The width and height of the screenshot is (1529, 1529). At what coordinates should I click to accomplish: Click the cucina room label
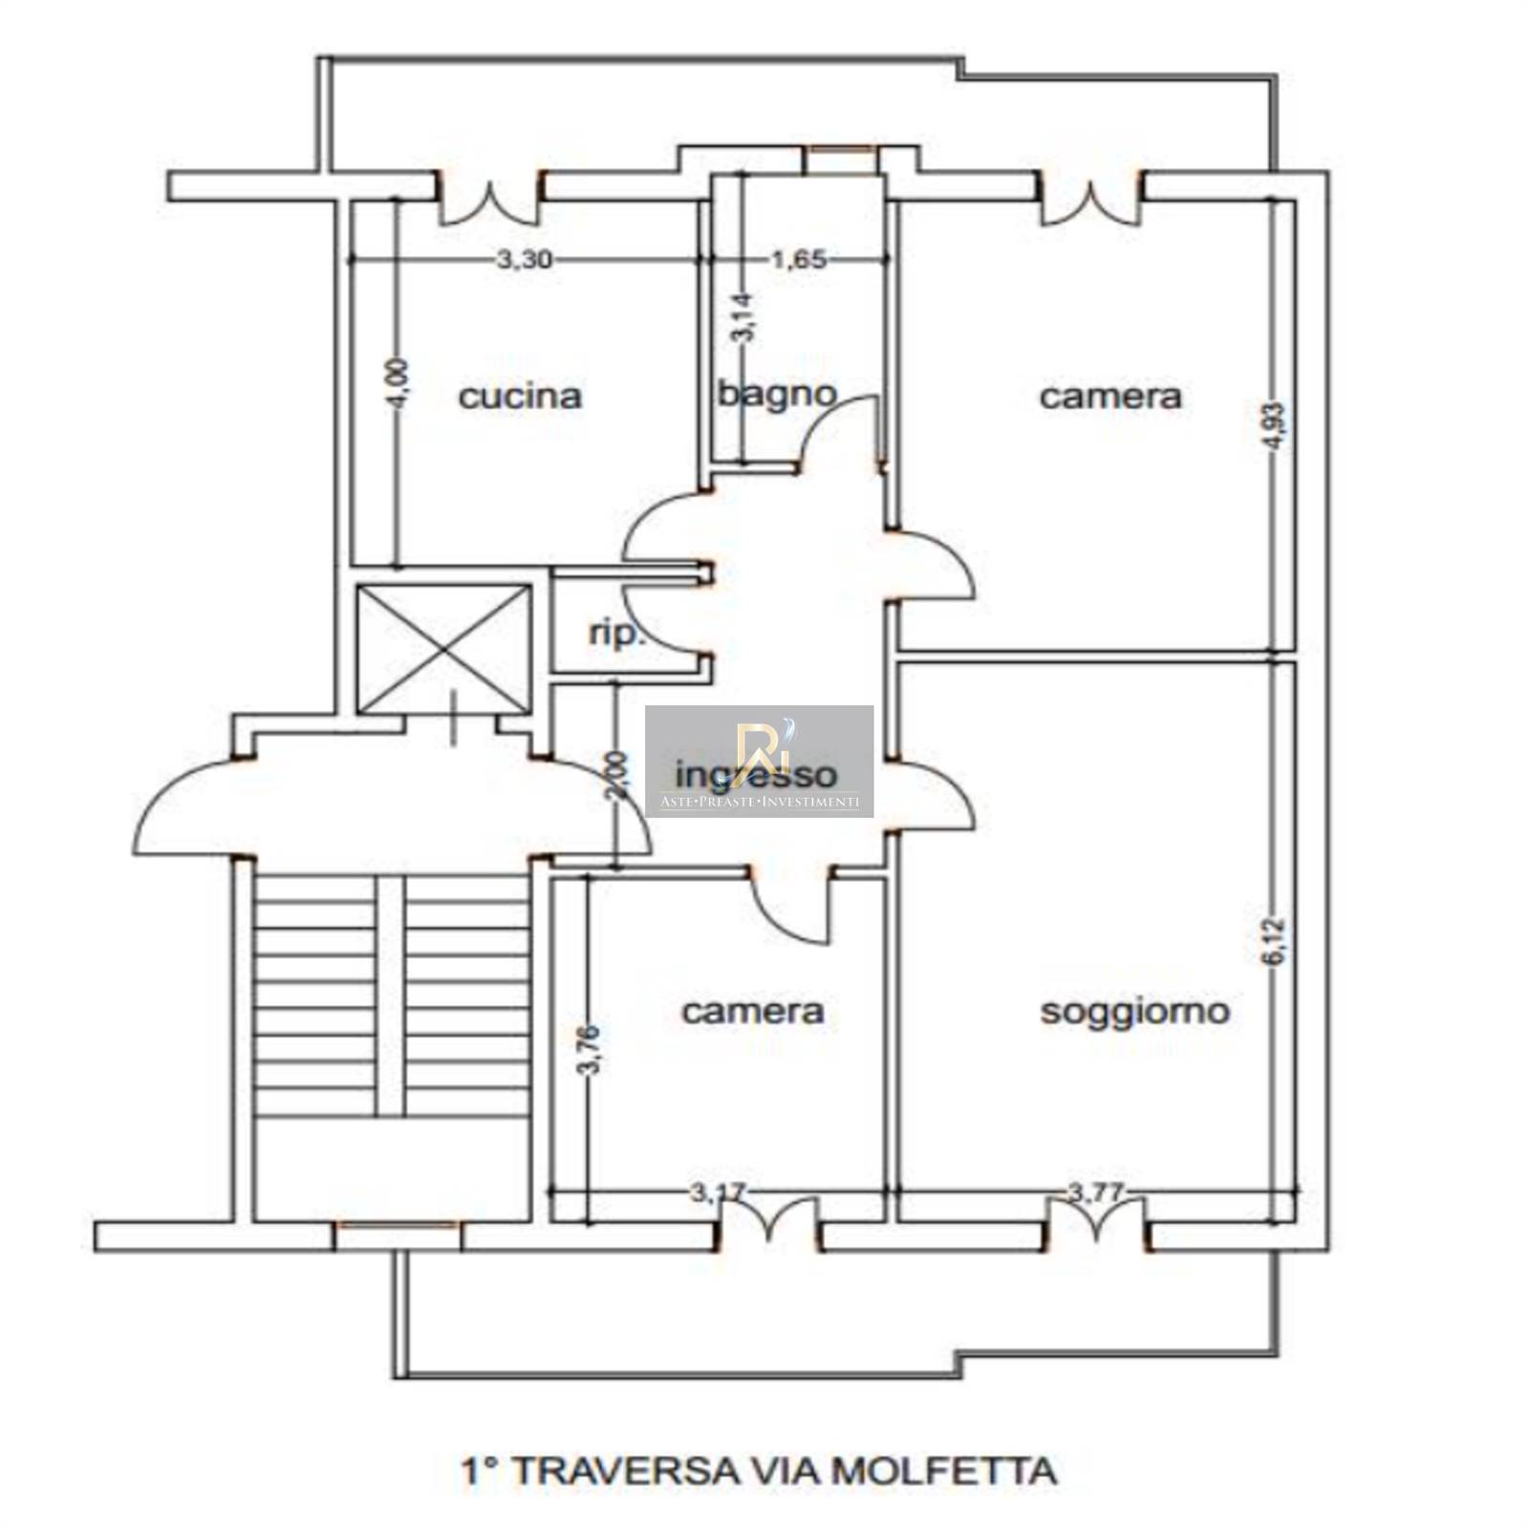520,396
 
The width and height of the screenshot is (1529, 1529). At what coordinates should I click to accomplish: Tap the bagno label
776,393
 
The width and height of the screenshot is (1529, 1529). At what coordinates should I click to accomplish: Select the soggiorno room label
1134,1011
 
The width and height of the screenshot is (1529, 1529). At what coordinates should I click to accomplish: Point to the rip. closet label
616,633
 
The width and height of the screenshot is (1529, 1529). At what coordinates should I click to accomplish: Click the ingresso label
756,774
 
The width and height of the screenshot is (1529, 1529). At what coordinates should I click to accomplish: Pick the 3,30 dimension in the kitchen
524,259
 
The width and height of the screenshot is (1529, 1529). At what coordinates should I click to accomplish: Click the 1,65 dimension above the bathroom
798,259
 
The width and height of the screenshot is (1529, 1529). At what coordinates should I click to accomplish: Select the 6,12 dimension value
1277,942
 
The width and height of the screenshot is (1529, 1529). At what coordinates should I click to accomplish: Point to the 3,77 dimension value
1095,1192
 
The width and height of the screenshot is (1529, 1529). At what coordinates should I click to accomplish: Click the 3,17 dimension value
717,1192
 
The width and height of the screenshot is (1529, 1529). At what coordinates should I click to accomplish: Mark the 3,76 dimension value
590,1049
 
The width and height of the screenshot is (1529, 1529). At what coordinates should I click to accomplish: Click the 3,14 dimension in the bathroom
743,317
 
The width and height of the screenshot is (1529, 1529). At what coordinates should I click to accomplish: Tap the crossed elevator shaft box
443,649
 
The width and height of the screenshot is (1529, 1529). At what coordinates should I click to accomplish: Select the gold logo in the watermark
759,743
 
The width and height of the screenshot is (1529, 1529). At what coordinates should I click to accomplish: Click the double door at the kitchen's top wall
490,198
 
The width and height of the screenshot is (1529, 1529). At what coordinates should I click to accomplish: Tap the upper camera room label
1109,396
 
